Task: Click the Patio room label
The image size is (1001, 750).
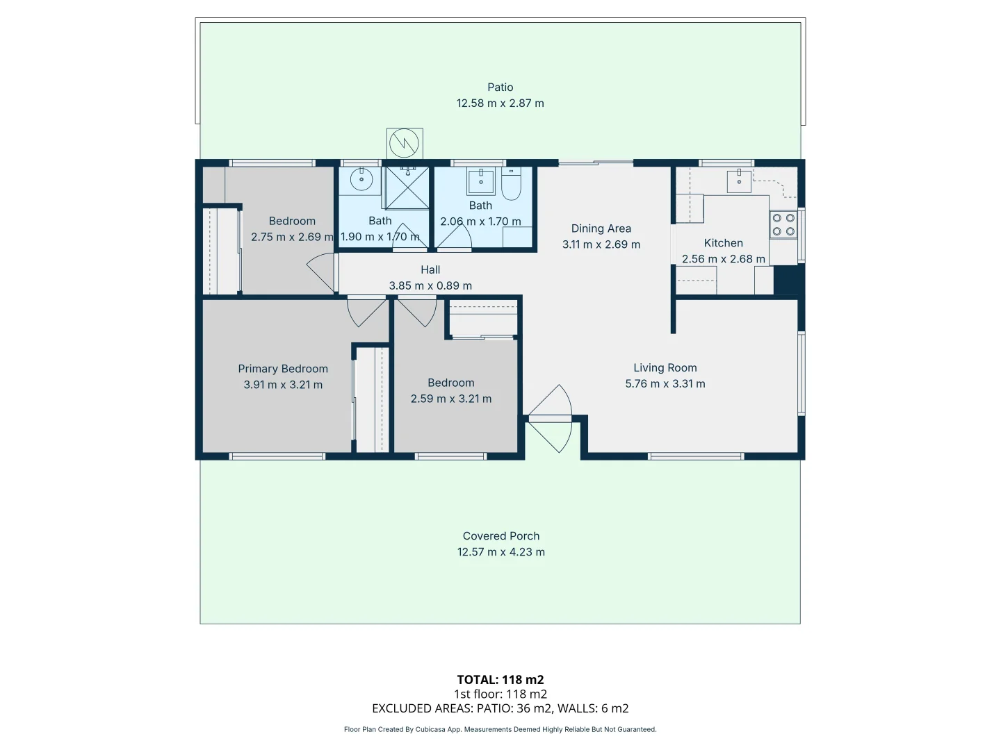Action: pos(500,87)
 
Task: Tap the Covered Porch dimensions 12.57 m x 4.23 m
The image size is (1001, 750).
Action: pos(500,552)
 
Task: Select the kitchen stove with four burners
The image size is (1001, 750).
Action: pos(783,225)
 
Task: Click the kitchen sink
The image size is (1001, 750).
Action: pos(739,181)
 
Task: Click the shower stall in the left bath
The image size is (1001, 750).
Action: pos(407,187)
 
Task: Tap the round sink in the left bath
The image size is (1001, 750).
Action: pos(361,179)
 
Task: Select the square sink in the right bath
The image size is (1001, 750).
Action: pos(480,181)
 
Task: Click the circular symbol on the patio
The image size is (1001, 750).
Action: pos(404,143)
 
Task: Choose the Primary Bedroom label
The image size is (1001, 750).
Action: pos(283,369)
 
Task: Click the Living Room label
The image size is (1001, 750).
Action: pos(665,368)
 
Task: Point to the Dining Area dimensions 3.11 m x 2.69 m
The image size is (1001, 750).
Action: pos(601,244)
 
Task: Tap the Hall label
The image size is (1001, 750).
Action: pos(430,269)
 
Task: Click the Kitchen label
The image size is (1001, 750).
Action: pos(723,243)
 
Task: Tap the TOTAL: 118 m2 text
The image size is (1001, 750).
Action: pos(500,680)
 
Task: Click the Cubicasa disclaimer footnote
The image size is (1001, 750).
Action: pos(500,729)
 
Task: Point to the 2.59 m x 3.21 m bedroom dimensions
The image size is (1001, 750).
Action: pos(450,399)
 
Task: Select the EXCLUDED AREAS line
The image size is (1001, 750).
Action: pos(500,708)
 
